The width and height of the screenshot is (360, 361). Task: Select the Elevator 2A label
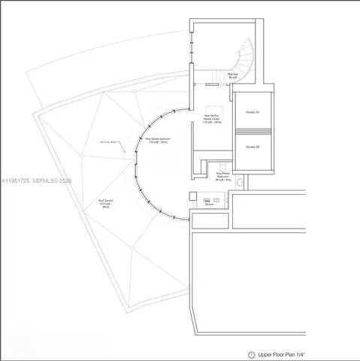253,113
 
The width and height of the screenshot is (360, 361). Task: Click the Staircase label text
234,75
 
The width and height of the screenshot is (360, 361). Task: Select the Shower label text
209,204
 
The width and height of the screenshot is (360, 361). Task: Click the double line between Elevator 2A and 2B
253,130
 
